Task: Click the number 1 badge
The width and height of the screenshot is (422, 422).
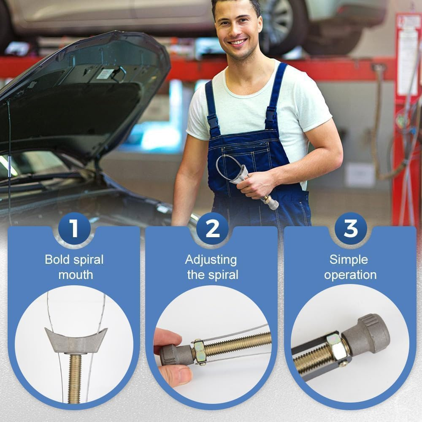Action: coord(74,228)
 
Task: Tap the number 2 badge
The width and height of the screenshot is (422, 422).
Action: coord(212,228)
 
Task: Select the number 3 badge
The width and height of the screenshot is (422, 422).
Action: coord(350,228)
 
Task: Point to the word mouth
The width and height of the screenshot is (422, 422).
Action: coord(75,275)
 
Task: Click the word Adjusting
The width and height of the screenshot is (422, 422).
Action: coord(211,260)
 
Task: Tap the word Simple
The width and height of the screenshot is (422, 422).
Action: coord(349,259)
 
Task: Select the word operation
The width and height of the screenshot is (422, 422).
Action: coord(350,275)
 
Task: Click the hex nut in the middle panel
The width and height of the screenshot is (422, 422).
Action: coord(199,350)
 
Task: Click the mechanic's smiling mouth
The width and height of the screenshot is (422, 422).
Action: coord(238,42)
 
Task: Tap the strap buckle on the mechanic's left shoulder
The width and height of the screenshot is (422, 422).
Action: coord(271,116)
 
